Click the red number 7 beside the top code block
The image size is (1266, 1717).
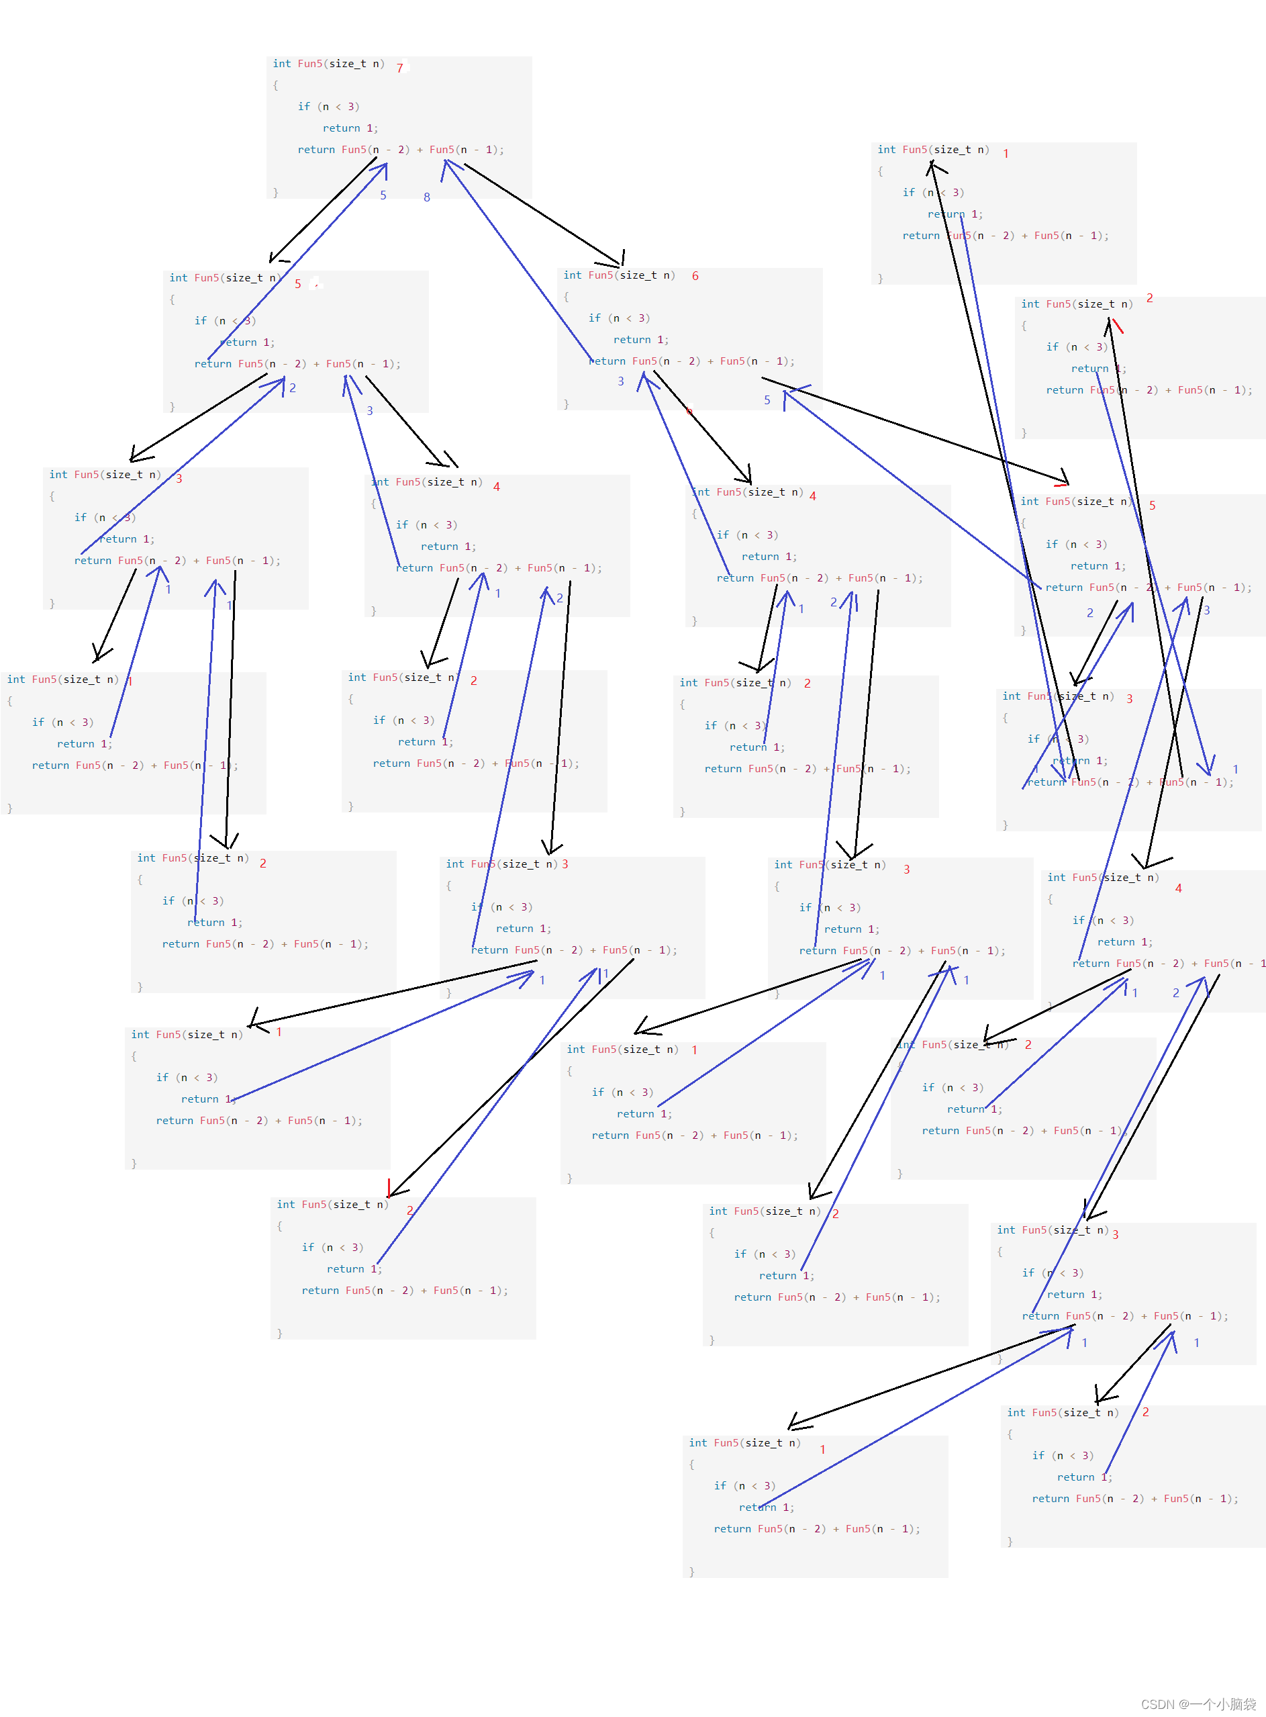click(399, 68)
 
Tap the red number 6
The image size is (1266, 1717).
click(695, 276)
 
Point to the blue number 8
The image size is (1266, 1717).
click(427, 197)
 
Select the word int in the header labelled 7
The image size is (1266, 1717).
click(281, 64)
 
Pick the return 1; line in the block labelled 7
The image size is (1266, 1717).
click(350, 128)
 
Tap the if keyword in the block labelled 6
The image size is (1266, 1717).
click(595, 318)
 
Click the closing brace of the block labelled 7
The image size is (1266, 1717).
click(276, 193)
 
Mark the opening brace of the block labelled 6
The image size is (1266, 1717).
click(567, 297)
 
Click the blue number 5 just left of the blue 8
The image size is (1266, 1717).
click(383, 195)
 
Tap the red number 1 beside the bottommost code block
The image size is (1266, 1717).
click(822, 1450)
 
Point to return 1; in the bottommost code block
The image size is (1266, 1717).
click(767, 1507)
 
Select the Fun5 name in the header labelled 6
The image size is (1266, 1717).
click(601, 275)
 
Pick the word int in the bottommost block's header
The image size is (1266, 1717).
click(697, 1442)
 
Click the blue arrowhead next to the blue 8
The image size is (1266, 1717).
click(448, 164)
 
